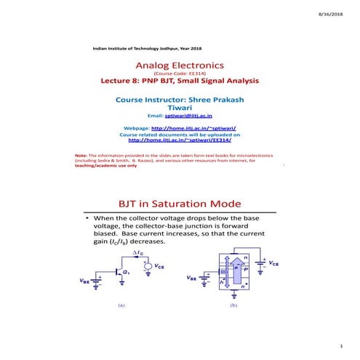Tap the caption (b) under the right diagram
pyautogui.click(x=233, y=306)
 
